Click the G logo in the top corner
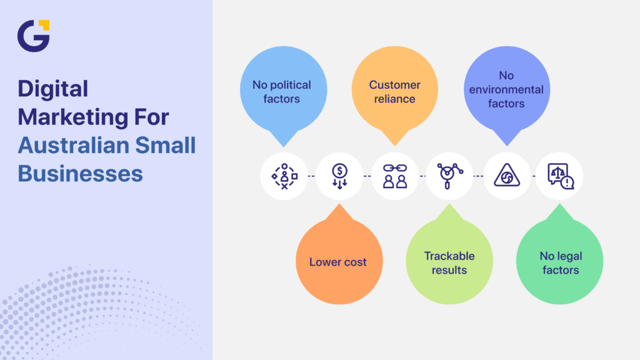pos(32,36)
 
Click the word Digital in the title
pos(53,89)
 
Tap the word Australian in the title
pos(69,145)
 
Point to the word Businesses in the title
pos(80,173)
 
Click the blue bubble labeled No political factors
pos(281,91)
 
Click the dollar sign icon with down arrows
pos(339,176)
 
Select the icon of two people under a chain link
pos(394,176)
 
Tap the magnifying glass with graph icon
pos(449,176)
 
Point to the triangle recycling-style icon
pos(506,176)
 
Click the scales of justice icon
pos(559,176)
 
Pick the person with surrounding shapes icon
pos(284,176)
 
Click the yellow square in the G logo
pos(44,24)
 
